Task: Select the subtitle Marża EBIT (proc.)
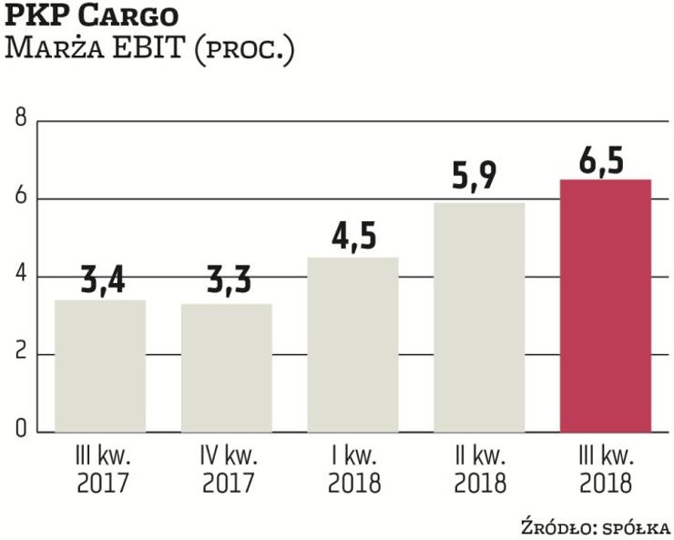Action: [x=149, y=48]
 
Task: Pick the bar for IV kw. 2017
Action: [x=227, y=368]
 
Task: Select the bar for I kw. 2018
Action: [x=352, y=345]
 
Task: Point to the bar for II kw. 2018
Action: [x=479, y=318]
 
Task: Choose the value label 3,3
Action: [x=227, y=282]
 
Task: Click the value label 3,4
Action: [x=100, y=279]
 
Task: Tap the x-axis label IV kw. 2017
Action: [x=227, y=468]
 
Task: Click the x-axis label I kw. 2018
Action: [x=352, y=468]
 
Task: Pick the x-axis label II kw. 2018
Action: [x=479, y=468]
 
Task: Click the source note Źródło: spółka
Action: [x=596, y=526]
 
